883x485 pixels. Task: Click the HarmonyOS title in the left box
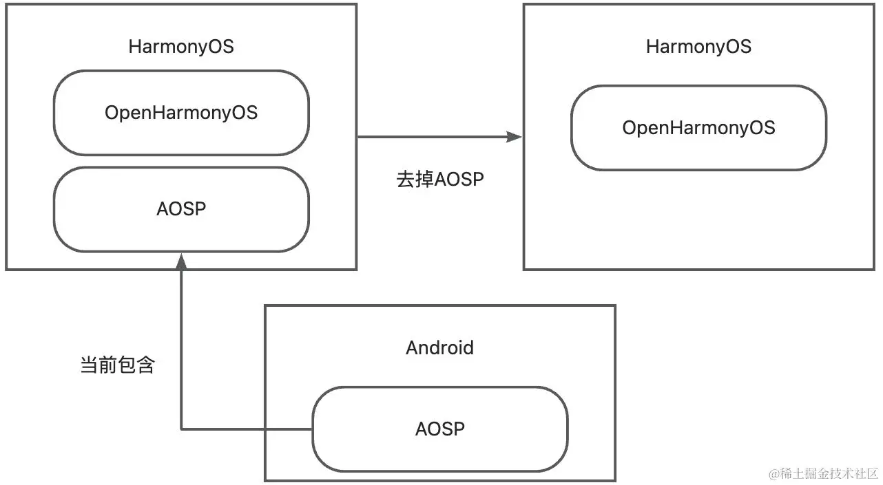pyautogui.click(x=181, y=47)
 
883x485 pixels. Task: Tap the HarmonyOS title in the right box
pyautogui.click(x=698, y=47)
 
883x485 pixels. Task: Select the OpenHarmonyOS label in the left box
pyautogui.click(x=181, y=113)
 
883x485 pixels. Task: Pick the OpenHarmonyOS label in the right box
pyautogui.click(x=698, y=128)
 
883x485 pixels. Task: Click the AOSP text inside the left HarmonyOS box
pyautogui.click(x=181, y=208)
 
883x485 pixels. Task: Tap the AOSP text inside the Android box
pyautogui.click(x=440, y=429)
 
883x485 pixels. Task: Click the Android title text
pyautogui.click(x=440, y=347)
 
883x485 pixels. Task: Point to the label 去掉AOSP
pyautogui.click(x=440, y=180)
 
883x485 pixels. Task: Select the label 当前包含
pyautogui.click(x=118, y=365)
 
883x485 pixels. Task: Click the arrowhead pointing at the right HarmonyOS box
pyautogui.click(x=514, y=137)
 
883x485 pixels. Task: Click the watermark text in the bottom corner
pyautogui.click(x=824, y=473)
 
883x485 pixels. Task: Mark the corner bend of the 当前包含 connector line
pyautogui.click(x=181, y=429)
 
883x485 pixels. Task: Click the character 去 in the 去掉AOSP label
pyautogui.click(x=406, y=180)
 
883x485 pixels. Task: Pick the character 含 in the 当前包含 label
pyautogui.click(x=146, y=365)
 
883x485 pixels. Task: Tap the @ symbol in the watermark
pyautogui.click(x=774, y=474)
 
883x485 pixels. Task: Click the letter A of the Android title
pyautogui.click(x=412, y=347)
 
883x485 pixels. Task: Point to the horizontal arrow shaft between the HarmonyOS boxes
pyautogui.click(x=432, y=137)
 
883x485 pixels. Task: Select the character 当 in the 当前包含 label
pyautogui.click(x=89, y=365)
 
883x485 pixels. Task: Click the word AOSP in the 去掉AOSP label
pyautogui.click(x=459, y=180)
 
